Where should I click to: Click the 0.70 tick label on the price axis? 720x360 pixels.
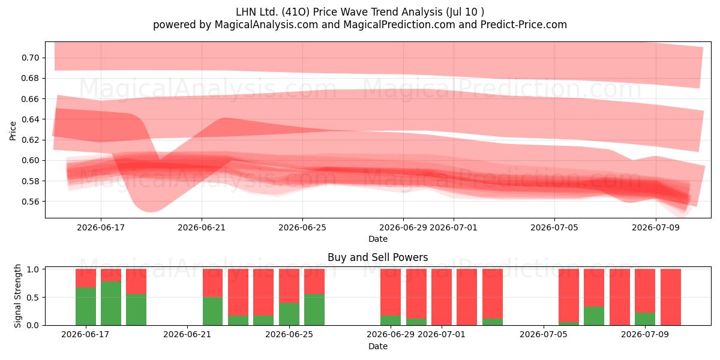30,58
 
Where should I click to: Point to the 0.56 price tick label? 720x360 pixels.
30,202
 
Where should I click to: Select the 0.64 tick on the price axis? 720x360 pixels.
30,119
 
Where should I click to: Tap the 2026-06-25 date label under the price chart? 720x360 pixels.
302,227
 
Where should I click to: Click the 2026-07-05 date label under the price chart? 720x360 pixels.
554,227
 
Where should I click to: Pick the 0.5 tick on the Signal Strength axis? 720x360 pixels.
33,298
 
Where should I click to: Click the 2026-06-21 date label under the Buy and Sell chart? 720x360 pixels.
187,334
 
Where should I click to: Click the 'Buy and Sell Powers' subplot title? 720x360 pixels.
377,257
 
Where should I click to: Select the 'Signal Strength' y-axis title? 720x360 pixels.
17,296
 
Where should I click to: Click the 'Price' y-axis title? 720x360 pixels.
13,131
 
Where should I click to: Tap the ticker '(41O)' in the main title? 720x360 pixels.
296,12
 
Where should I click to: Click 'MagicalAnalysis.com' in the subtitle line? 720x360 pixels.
266,25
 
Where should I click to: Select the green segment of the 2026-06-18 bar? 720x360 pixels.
111,304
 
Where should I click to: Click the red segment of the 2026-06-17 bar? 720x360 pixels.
86,278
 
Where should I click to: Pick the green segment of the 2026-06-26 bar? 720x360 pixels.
314,310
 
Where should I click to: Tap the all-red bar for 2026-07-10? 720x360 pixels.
671,297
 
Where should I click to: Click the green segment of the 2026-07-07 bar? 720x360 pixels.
594,316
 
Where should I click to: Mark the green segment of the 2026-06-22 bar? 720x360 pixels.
213,311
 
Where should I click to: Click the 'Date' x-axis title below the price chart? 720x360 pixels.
377,239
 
